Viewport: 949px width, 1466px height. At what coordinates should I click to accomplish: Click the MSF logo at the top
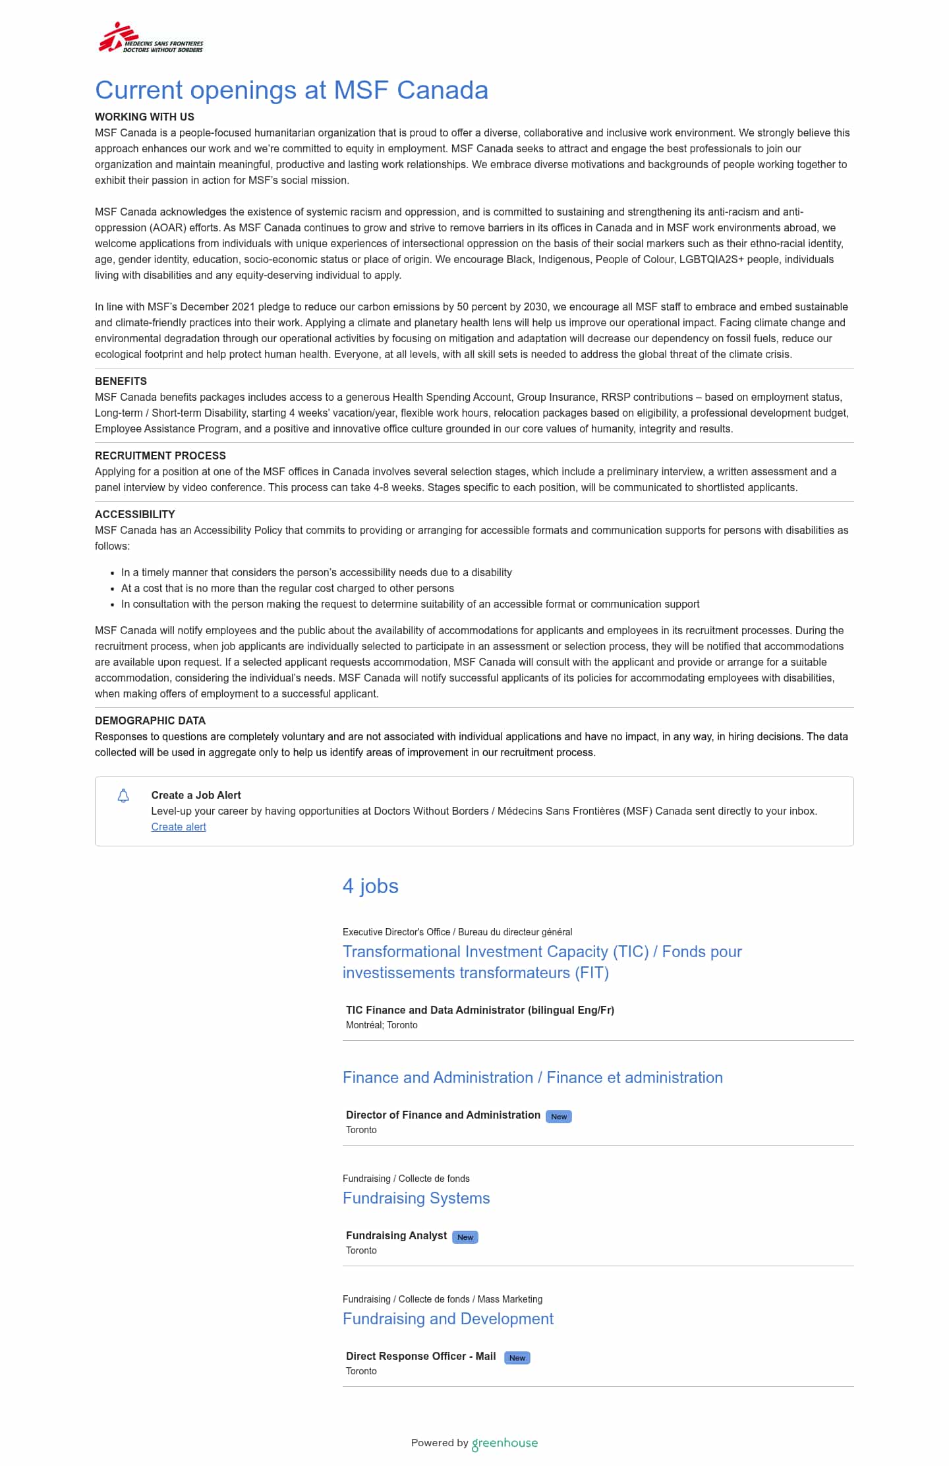[x=151, y=38]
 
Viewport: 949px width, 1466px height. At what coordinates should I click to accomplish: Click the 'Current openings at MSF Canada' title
[x=291, y=90]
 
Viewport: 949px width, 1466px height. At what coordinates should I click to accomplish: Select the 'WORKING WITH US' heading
[x=144, y=117]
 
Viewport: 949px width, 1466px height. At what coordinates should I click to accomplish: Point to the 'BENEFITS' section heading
[x=121, y=381]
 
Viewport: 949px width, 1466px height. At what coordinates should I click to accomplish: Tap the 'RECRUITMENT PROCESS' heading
[x=160, y=455]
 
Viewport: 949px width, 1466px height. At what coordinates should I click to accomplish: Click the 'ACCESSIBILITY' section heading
[x=134, y=514]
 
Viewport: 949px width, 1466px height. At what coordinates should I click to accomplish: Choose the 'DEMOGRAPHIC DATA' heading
[x=150, y=720]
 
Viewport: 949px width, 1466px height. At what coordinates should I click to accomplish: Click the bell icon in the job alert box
[x=123, y=796]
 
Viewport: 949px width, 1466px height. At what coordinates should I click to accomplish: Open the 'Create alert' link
[x=179, y=827]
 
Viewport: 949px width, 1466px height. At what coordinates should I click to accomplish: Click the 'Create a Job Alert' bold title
[x=196, y=795]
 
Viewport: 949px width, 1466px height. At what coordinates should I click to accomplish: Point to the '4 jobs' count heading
[x=370, y=886]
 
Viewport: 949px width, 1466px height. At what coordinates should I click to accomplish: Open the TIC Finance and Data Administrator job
[x=480, y=1010]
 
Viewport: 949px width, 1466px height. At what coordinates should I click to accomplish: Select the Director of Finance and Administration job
[x=443, y=1115]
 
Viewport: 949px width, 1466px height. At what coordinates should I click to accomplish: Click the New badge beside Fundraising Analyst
[x=465, y=1237]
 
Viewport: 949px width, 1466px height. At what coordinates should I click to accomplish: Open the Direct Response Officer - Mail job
[x=420, y=1356]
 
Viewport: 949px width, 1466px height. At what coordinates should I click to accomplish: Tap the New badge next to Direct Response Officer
[x=517, y=1358]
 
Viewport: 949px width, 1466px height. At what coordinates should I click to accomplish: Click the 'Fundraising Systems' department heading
[x=416, y=1198]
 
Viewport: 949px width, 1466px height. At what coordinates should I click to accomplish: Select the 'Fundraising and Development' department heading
[x=448, y=1319]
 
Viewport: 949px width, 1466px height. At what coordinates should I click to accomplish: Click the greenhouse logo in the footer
[x=505, y=1444]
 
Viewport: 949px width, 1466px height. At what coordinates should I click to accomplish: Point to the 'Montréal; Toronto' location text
[x=382, y=1025]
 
